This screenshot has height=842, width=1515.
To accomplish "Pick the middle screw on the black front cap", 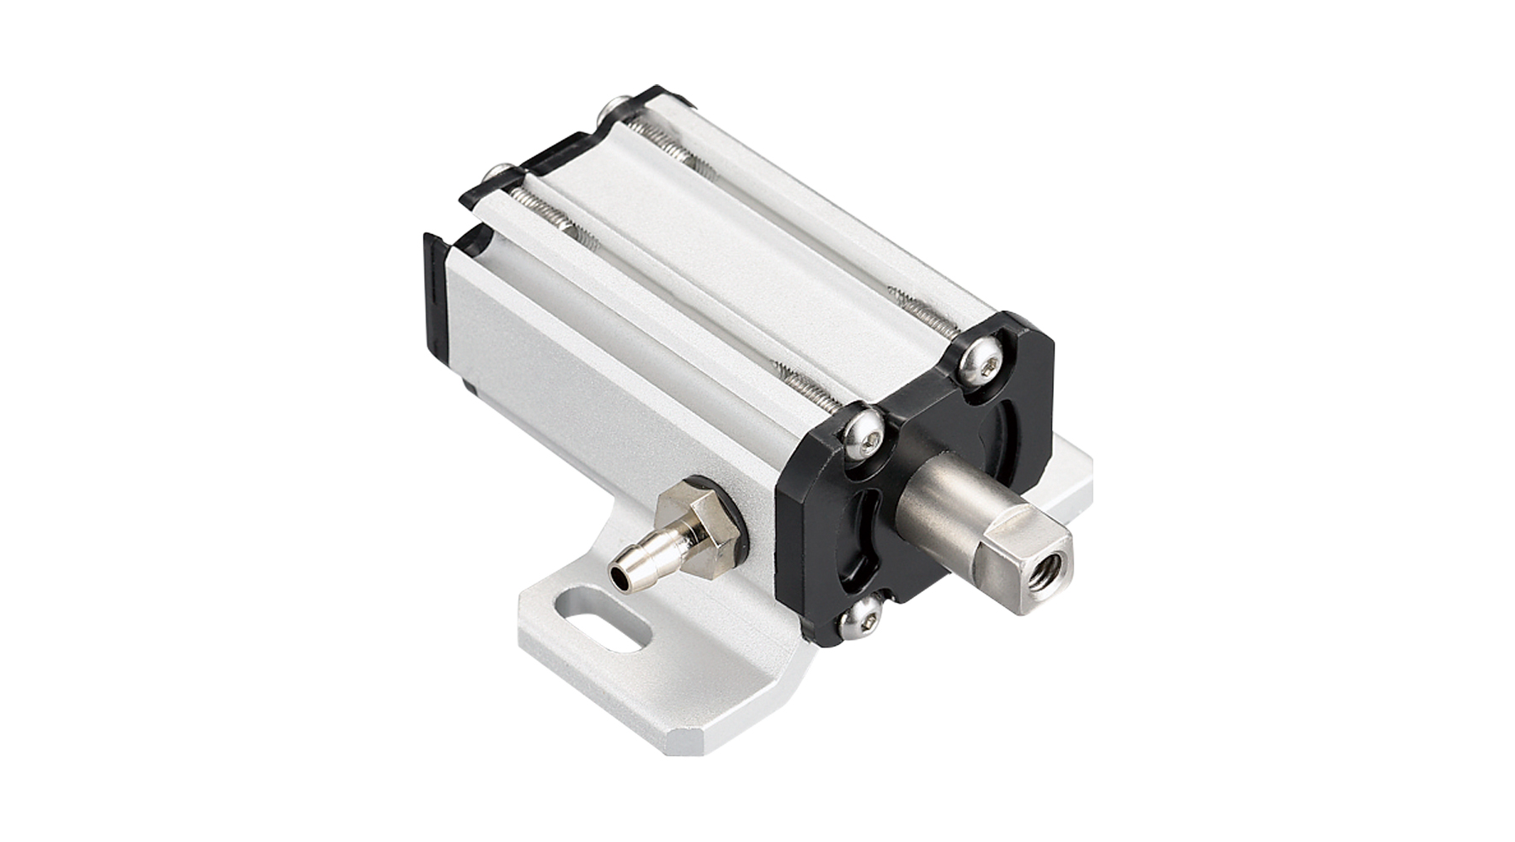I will coord(864,429).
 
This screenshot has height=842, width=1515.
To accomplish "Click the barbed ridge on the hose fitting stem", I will coord(645,560).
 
